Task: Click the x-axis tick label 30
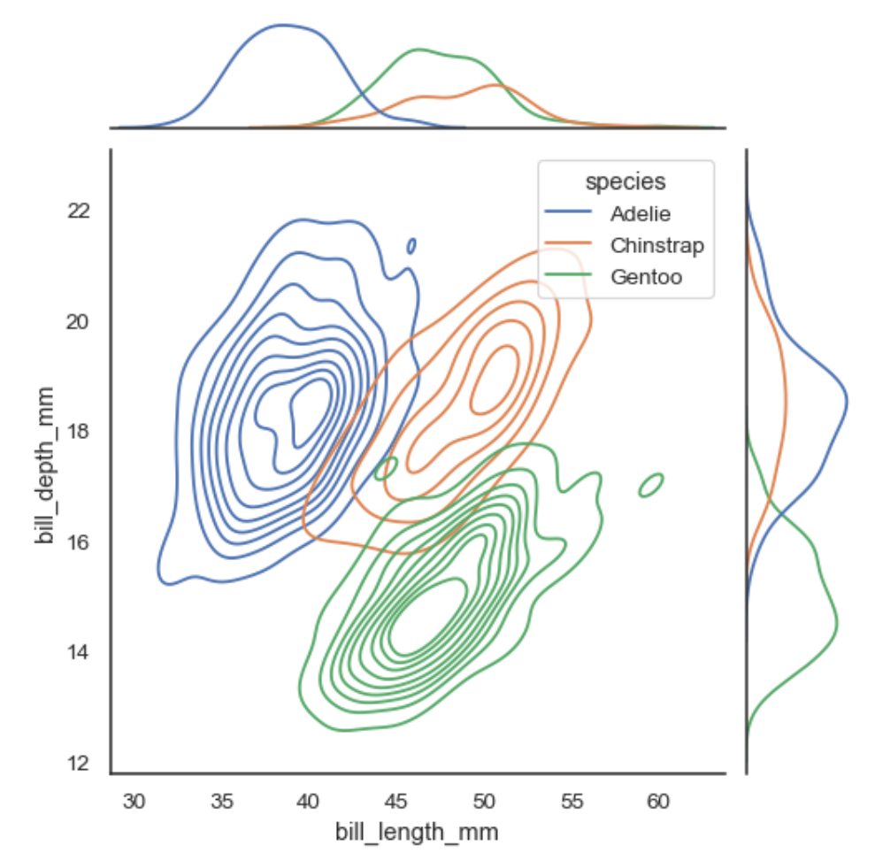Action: (134, 802)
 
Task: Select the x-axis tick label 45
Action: (395, 802)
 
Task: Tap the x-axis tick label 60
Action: (657, 802)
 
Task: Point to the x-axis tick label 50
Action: (483, 802)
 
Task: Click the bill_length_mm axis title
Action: (416, 832)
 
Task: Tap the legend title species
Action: (626, 181)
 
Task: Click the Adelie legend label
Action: (641, 213)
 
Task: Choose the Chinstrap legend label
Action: (656, 245)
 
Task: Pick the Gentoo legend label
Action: (646, 277)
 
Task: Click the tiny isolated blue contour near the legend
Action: (411, 246)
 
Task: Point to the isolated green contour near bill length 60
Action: (651, 485)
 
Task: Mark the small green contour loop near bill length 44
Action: (386, 468)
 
